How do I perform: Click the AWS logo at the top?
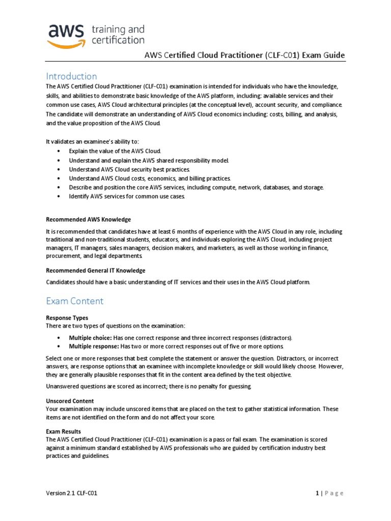pos(66,34)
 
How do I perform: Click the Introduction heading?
pos(71,76)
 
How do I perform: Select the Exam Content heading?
pos(74,301)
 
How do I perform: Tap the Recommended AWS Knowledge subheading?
pos(89,219)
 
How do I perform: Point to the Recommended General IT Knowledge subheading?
pos(96,270)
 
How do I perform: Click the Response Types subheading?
pos(67,317)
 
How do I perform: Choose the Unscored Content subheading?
pos(70,401)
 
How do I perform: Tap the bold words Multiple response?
pos(94,346)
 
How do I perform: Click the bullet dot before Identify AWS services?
pos(60,196)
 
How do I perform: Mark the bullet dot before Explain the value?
pos(60,151)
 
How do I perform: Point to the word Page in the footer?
pos(333,493)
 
